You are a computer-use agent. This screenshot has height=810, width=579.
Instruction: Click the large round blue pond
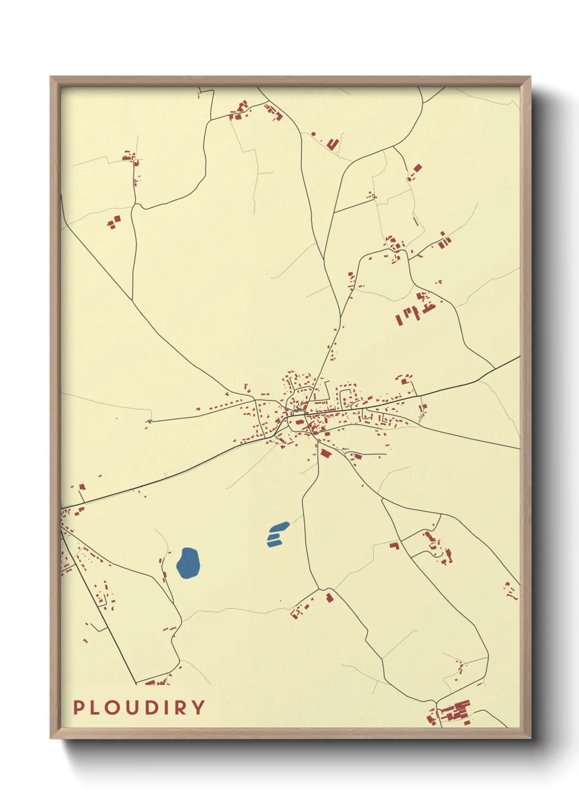pyautogui.click(x=188, y=563)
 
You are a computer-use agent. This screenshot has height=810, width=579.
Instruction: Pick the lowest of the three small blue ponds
pyautogui.click(x=273, y=543)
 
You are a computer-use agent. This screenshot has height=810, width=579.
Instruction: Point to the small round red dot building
pyautogui.click(x=314, y=133)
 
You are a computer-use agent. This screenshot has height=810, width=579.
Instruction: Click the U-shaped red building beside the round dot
pyautogui.click(x=333, y=144)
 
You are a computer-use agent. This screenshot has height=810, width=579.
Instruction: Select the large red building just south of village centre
pyautogui.click(x=326, y=453)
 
